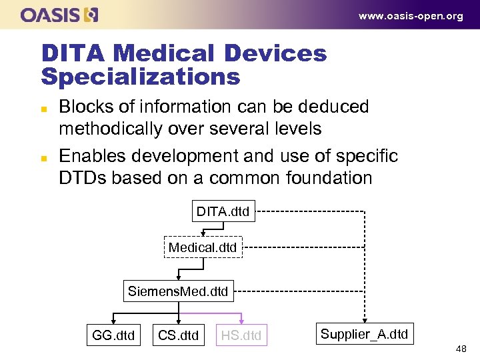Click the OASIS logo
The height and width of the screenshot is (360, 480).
point(59,15)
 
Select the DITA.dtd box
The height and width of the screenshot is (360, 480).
point(223,212)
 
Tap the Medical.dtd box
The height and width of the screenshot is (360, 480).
point(203,247)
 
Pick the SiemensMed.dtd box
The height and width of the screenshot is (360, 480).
point(178,291)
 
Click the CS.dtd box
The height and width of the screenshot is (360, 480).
point(178,335)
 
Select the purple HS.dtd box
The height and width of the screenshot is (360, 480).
point(241,335)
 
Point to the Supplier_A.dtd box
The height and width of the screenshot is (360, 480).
point(364,334)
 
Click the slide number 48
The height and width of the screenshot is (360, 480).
point(461,349)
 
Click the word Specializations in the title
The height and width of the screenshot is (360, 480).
point(140,77)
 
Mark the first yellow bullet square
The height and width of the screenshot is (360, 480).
point(43,107)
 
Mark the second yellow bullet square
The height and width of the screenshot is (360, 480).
point(43,157)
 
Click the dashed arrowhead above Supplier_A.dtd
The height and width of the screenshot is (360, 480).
point(364,319)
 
